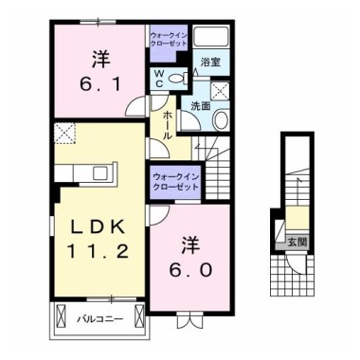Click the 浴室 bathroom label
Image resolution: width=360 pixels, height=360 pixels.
coord(209,63)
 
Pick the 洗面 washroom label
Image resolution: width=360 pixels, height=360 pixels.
coord(199,106)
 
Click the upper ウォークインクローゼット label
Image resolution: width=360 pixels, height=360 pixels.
coord(171,41)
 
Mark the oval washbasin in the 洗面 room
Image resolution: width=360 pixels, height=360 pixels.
coord(220,119)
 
